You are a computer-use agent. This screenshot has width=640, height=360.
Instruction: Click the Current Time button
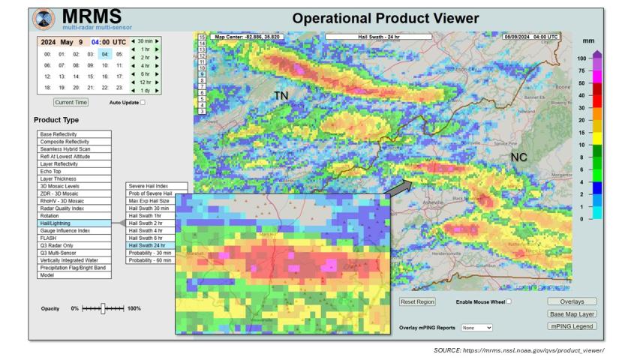tap(71, 102)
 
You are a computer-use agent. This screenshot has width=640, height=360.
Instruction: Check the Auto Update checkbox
tap(143, 102)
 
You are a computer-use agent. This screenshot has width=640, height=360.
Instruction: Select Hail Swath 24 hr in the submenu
tap(147, 245)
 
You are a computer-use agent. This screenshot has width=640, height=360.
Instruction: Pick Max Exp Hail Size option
tap(150, 201)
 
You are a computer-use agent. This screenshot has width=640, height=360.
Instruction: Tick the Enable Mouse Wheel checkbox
tap(509, 301)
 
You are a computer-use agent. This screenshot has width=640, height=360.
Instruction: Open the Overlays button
tap(572, 301)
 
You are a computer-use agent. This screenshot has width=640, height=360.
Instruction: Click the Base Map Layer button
tap(572, 314)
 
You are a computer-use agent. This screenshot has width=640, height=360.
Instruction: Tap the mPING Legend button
tap(572, 326)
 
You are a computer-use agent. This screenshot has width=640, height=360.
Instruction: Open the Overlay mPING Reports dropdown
tap(477, 328)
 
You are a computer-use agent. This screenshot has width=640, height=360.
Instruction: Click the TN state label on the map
tap(281, 96)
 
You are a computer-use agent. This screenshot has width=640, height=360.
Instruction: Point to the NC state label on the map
tap(518, 157)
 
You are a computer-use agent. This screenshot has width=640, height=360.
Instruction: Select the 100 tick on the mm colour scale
tap(581, 58)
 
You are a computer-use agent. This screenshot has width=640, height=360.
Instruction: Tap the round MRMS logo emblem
tap(44, 18)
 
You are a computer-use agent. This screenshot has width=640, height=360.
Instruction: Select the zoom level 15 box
tap(201, 36)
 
